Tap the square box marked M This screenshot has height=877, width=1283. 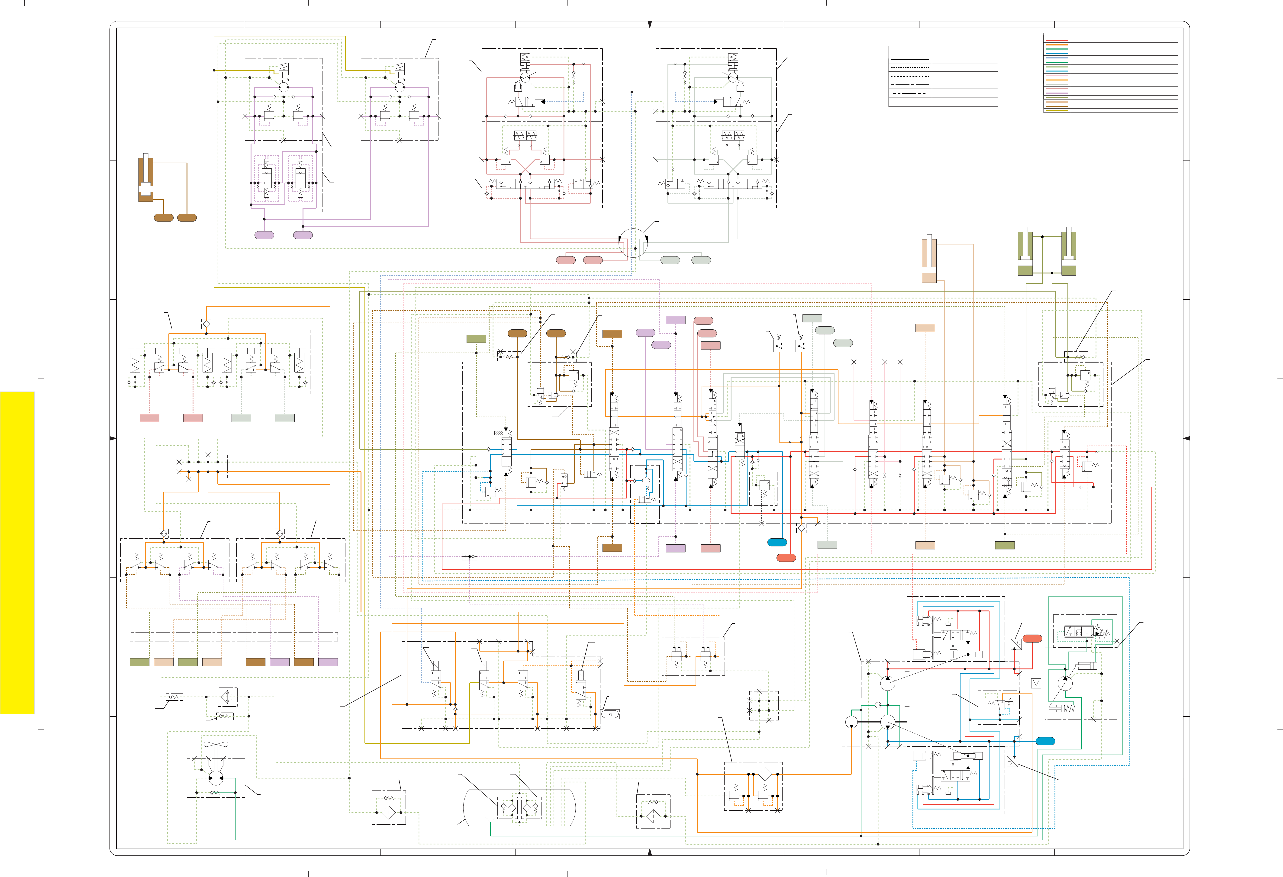[1036, 683]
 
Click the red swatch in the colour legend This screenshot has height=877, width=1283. [1057, 40]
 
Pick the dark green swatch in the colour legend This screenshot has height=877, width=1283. [1057, 62]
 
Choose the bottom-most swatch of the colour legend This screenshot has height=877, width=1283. [1057, 110]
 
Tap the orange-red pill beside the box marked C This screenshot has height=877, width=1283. [1032, 639]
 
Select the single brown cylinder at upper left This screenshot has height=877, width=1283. [146, 178]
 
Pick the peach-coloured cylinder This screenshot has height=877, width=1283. [929, 259]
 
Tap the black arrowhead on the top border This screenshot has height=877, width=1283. [650, 24]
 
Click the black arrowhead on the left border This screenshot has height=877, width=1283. [113, 438]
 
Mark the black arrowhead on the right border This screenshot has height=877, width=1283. [1186, 438]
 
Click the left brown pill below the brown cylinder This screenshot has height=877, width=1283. [163, 218]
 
